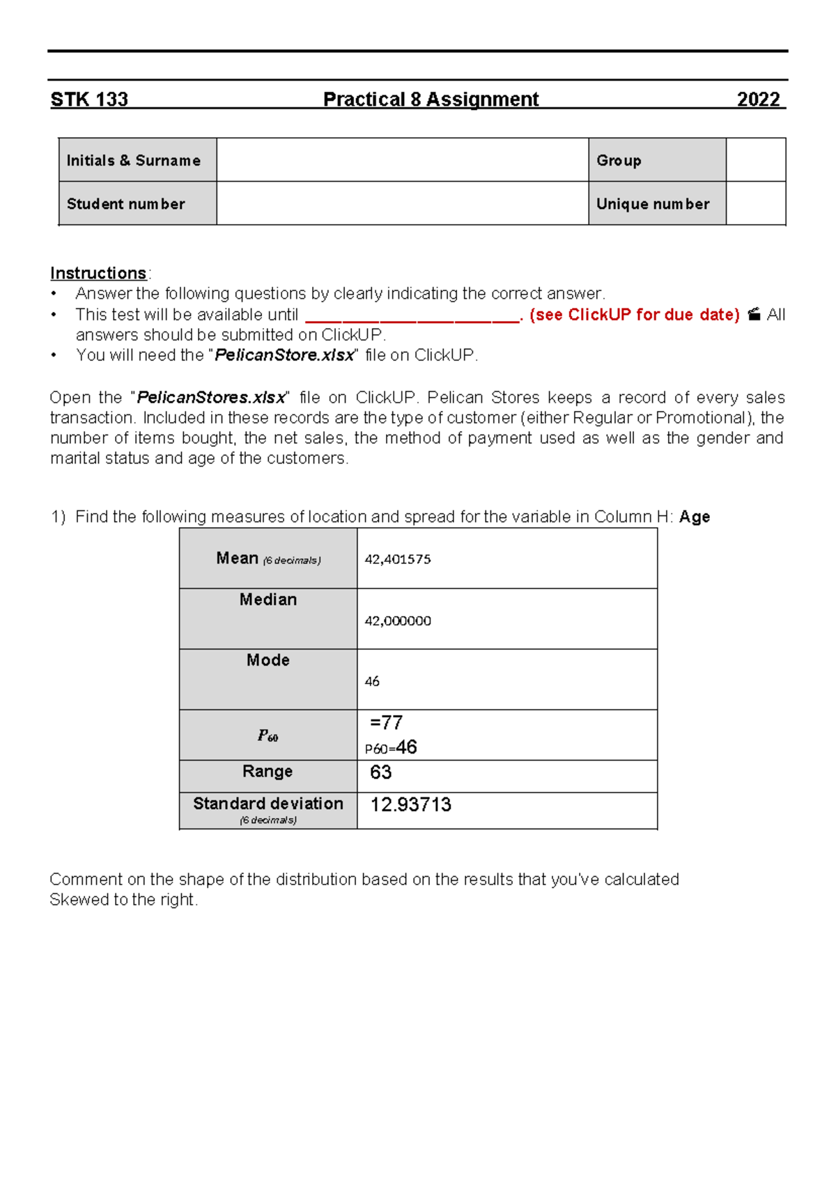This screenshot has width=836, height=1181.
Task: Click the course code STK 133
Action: pyautogui.click(x=89, y=100)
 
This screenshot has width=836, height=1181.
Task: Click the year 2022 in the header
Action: pyautogui.click(x=759, y=100)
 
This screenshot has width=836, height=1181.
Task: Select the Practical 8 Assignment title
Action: pyautogui.click(x=431, y=100)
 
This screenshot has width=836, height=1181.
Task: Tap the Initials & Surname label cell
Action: pyautogui.click(x=137, y=160)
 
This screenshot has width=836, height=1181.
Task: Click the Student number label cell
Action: pyautogui.click(x=137, y=204)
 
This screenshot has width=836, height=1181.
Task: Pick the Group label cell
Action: pyautogui.click(x=656, y=160)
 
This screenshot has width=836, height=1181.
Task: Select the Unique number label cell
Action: pyautogui.click(x=656, y=204)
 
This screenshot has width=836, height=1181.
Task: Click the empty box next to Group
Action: pyautogui.click(x=756, y=160)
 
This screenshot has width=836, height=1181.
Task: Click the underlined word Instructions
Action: pyautogui.click(x=98, y=273)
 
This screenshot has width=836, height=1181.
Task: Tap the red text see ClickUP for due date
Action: pyautogui.click(x=634, y=315)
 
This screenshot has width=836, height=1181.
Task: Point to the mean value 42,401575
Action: pyautogui.click(x=398, y=559)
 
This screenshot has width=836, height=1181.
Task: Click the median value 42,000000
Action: pyautogui.click(x=398, y=620)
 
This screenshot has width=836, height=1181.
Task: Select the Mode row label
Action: pyautogui.click(x=268, y=660)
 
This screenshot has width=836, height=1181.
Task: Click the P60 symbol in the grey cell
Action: pyautogui.click(x=268, y=736)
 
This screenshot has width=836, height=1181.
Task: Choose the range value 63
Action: pyautogui.click(x=380, y=772)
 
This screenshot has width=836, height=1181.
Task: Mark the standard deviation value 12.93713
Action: pyautogui.click(x=410, y=805)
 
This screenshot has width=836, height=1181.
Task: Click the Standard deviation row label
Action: pyautogui.click(x=268, y=804)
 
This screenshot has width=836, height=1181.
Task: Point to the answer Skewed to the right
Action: pyautogui.click(x=124, y=900)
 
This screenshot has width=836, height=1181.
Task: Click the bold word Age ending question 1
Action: pyautogui.click(x=695, y=517)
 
